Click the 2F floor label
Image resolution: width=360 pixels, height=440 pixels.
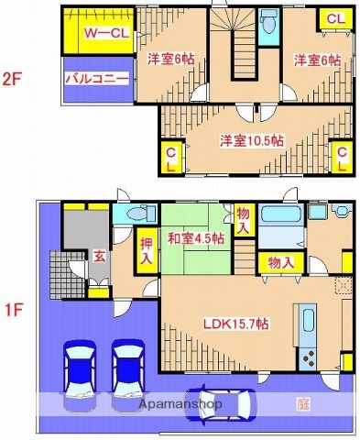[11, 79]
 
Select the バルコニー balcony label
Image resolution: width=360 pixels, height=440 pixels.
[95, 80]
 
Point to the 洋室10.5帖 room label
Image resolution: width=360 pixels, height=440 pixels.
[252, 140]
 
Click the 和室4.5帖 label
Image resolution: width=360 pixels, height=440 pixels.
[195, 238]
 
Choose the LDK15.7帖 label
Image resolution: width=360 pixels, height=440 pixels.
[236, 323]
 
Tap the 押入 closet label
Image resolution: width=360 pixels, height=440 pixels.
[147, 252]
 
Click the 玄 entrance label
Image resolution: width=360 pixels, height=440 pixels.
[98, 257]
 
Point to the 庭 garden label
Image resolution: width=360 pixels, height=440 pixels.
[302, 402]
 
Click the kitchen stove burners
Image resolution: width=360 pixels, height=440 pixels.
[308, 355]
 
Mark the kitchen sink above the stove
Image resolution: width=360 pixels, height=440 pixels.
[308, 324]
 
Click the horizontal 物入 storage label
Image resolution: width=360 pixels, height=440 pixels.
[280, 262]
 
